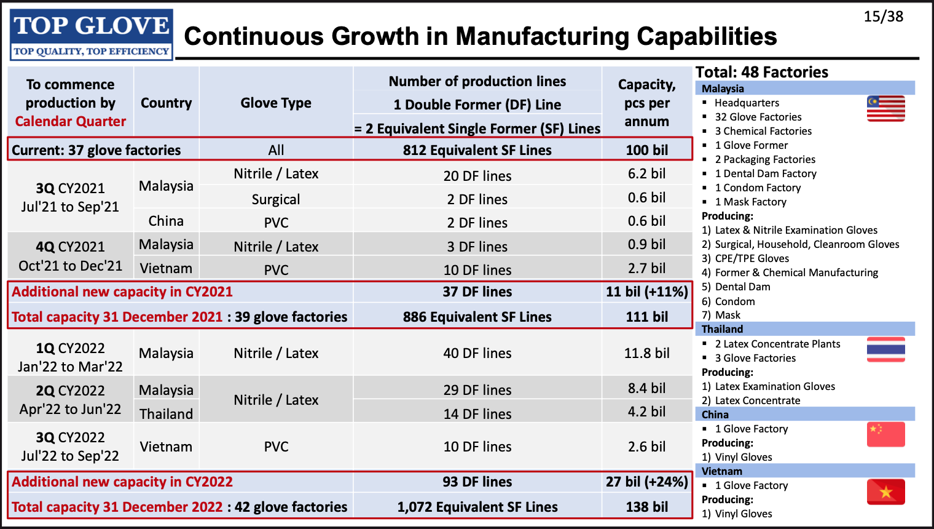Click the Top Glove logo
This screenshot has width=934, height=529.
tap(92, 34)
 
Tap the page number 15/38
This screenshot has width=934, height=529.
tap(883, 17)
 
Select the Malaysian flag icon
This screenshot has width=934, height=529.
tap(885, 109)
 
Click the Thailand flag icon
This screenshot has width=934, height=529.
tap(885, 349)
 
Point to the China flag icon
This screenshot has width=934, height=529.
tap(885, 434)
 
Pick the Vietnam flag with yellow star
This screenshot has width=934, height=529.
tap(885, 491)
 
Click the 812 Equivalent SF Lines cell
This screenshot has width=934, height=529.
tap(477, 150)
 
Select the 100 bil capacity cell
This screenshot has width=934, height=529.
tap(646, 150)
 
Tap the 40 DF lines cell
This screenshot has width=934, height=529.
tap(477, 353)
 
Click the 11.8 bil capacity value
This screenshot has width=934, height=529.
tap(646, 353)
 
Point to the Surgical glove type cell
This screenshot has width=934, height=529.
tap(276, 199)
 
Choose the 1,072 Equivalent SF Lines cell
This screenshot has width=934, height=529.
tap(477, 507)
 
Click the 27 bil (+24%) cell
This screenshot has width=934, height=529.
tap(646, 482)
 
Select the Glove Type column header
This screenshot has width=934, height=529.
tap(276, 103)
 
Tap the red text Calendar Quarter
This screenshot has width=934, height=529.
tap(71, 121)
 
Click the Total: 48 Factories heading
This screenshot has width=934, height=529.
tap(761, 72)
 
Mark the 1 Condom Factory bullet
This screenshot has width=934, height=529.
tap(758, 188)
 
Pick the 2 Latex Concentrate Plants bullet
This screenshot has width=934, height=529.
tap(777, 344)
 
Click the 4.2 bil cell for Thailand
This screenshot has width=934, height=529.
tap(646, 412)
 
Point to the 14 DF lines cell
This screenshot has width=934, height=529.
tap(477, 414)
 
